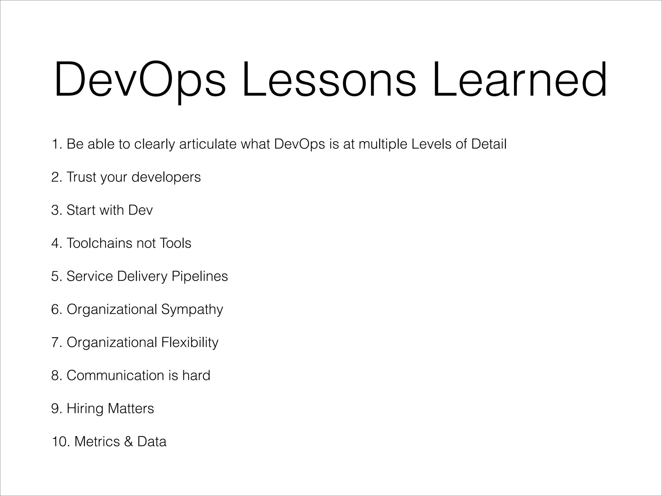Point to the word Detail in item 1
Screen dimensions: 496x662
coord(489,144)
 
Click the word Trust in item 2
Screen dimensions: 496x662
coord(81,177)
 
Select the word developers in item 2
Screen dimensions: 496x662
coord(166,177)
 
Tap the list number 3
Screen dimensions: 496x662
coord(56,210)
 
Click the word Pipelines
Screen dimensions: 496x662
coord(199,276)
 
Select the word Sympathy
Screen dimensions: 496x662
coord(192,309)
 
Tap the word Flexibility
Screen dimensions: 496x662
coord(190,342)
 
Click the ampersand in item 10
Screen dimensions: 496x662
coord(128,442)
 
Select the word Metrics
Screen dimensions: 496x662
coord(97,442)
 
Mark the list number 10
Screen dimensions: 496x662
coord(60,442)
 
